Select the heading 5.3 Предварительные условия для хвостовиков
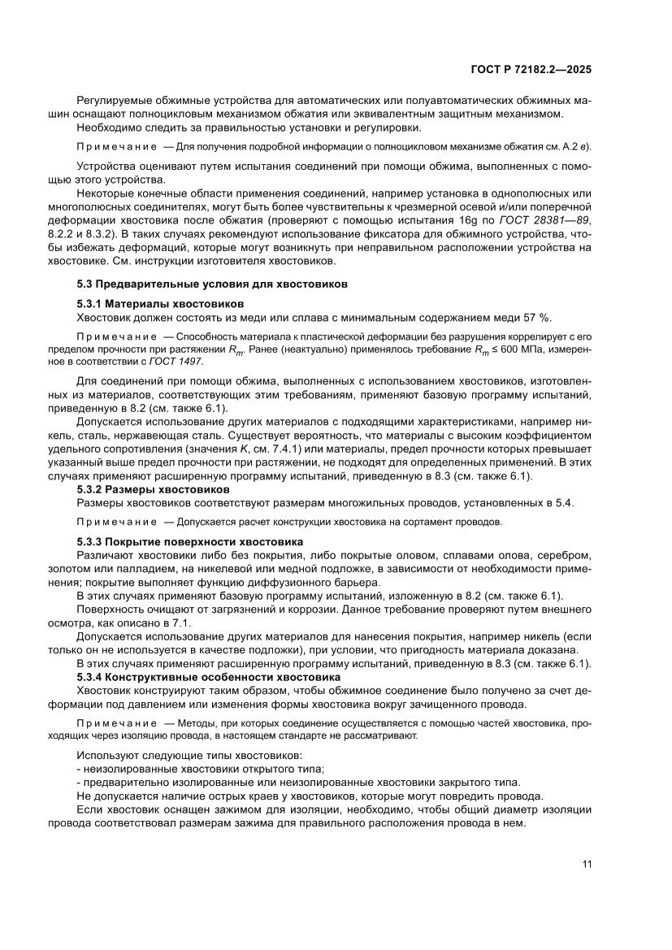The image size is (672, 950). tap(212, 284)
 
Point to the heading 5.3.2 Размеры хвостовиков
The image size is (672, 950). tap(153, 489)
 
